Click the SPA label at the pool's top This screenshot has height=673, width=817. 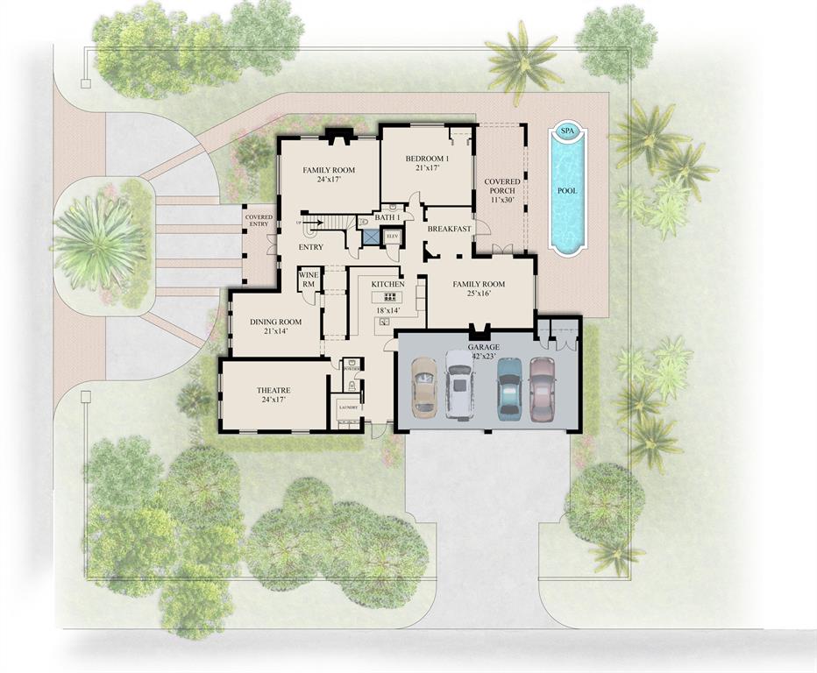pyautogui.click(x=567, y=131)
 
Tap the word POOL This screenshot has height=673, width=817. pyautogui.click(x=567, y=190)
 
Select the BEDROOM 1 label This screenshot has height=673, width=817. pyautogui.click(x=427, y=159)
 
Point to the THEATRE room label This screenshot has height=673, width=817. pyautogui.click(x=274, y=390)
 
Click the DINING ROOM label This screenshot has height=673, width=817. pyautogui.click(x=276, y=322)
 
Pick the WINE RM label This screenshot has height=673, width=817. pyautogui.click(x=309, y=280)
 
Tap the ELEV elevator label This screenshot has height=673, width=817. pyautogui.click(x=392, y=236)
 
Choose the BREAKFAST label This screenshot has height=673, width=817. pyautogui.click(x=450, y=229)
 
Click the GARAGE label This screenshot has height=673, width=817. pyautogui.click(x=483, y=347)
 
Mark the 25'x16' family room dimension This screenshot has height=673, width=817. pyautogui.click(x=479, y=294)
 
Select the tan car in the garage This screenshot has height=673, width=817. pyautogui.click(x=424, y=385)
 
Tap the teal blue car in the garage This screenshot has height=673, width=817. pyautogui.click(x=509, y=386)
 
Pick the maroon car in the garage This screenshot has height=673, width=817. pyautogui.click(x=543, y=386)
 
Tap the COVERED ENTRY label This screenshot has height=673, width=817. pyautogui.click(x=259, y=220)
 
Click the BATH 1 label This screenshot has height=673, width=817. pyautogui.click(x=387, y=216)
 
